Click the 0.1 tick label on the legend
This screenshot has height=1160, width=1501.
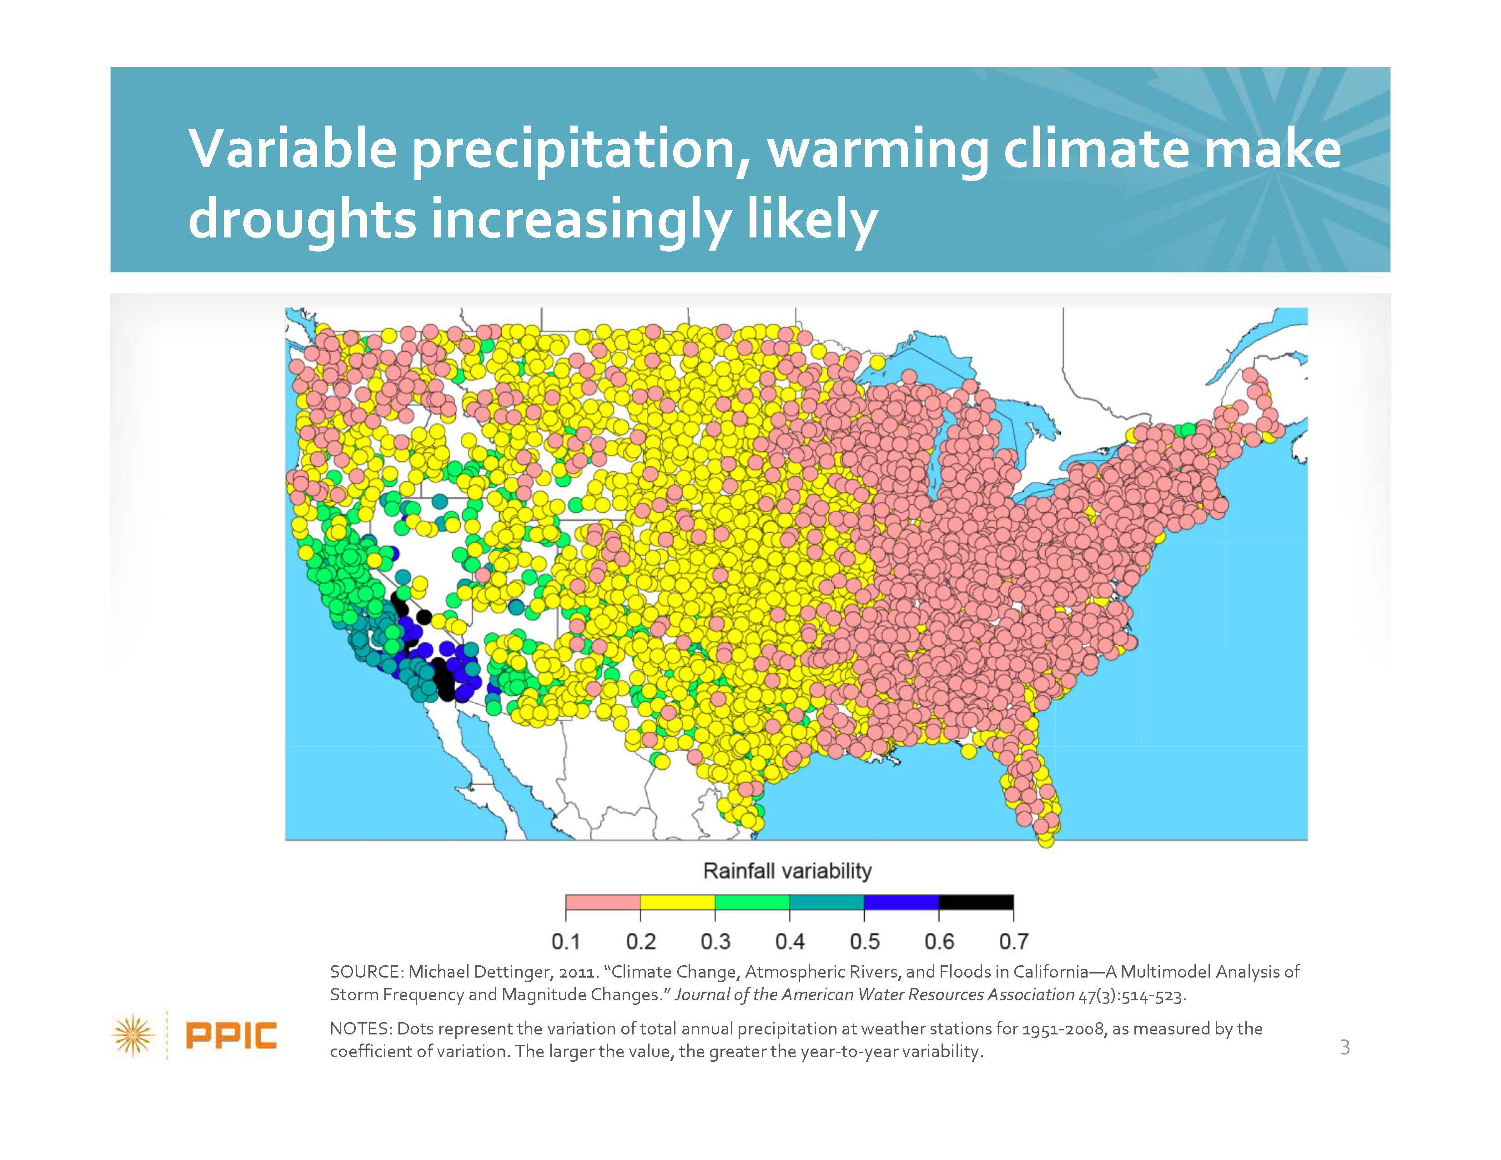tap(566, 942)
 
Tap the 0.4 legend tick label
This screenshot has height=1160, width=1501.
tap(790, 942)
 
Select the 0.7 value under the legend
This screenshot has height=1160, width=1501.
tap(1014, 942)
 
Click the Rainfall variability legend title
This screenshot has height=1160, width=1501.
tap(788, 872)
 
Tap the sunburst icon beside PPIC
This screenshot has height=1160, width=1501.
tap(133, 1035)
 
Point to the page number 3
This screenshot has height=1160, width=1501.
tap(1345, 1047)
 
